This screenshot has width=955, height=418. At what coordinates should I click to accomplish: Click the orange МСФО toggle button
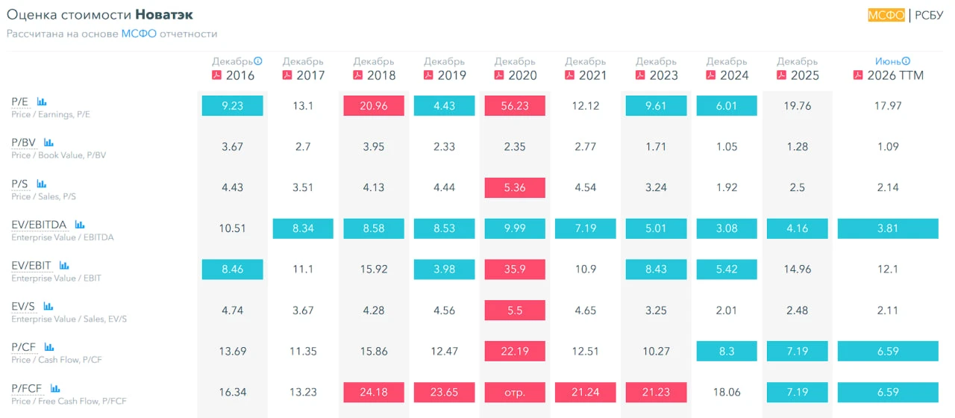pos(886,15)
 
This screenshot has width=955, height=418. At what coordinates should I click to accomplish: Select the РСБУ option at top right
pos(929,15)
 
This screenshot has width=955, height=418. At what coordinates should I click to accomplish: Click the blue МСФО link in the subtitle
pos(139,34)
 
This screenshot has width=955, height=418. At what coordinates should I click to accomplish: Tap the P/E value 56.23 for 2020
pos(515,106)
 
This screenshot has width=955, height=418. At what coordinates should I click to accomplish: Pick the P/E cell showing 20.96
pos(374,106)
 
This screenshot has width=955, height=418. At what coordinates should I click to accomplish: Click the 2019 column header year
pos(452,75)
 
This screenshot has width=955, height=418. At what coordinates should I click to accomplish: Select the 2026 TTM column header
pos(895,75)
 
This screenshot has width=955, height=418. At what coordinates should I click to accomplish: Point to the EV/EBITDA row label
pos(39,225)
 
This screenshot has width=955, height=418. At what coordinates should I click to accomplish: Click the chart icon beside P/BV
pos(48,143)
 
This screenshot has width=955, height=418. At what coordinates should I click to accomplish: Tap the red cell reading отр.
pos(515,392)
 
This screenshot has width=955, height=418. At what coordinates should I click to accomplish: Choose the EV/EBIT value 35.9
pos(515,269)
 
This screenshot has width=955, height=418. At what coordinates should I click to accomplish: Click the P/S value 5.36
pos(515,187)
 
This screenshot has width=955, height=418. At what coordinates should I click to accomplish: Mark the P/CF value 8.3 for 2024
pos(727,351)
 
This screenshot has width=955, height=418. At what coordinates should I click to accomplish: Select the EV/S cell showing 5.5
pos(515,310)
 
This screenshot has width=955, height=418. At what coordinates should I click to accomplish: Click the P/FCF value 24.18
pos(374,392)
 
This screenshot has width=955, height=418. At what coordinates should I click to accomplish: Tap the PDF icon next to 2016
pos(216,75)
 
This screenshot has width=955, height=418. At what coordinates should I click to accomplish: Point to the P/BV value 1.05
pos(727,147)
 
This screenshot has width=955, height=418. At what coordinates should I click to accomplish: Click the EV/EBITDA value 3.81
pos(888,228)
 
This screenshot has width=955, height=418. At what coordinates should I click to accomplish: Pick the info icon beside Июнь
pos(906,61)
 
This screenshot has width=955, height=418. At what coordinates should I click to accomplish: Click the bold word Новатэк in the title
pos(164,14)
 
